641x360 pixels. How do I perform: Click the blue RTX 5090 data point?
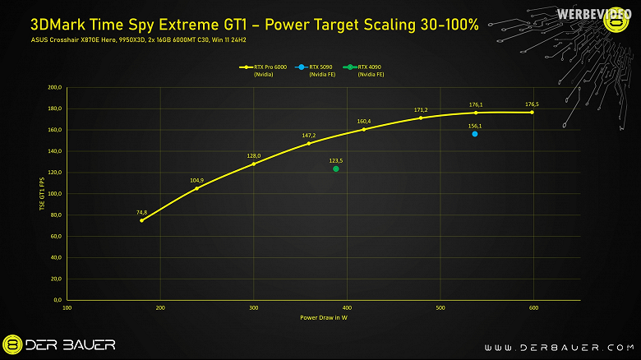[475, 134]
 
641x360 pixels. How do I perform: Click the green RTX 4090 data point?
[336, 169]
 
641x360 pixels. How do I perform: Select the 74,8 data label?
[141, 212]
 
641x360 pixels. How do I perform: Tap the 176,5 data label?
[532, 104]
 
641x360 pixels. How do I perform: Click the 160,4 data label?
[364, 122]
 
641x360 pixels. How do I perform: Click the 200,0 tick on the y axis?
[55, 87]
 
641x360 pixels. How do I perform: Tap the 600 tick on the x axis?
[533, 308]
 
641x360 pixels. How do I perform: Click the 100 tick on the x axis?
[67, 308]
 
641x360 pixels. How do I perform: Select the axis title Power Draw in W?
[324, 316]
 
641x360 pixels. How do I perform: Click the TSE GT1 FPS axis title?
[41, 195]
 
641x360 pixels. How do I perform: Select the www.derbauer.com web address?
[554, 346]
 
